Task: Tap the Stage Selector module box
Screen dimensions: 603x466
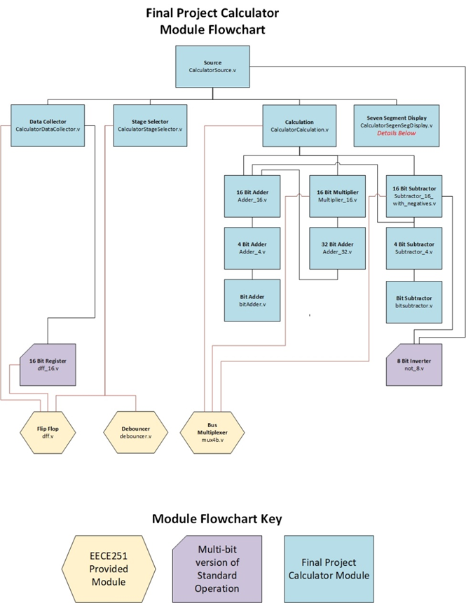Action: point(150,125)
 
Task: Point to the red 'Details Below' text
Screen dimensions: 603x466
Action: point(397,133)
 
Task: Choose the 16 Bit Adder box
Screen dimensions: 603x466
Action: point(252,195)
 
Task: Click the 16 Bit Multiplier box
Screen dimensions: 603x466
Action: point(337,195)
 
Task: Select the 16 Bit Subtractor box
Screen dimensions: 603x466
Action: point(414,195)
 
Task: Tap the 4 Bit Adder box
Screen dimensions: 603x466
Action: point(252,248)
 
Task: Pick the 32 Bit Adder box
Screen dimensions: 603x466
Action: point(337,248)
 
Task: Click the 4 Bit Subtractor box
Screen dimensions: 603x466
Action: point(414,248)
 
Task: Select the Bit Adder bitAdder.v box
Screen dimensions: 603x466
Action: point(252,300)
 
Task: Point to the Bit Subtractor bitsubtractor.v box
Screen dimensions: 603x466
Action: point(414,302)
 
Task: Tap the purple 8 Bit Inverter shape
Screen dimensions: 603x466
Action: point(414,363)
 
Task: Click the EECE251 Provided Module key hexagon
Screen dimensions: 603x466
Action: point(108,568)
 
